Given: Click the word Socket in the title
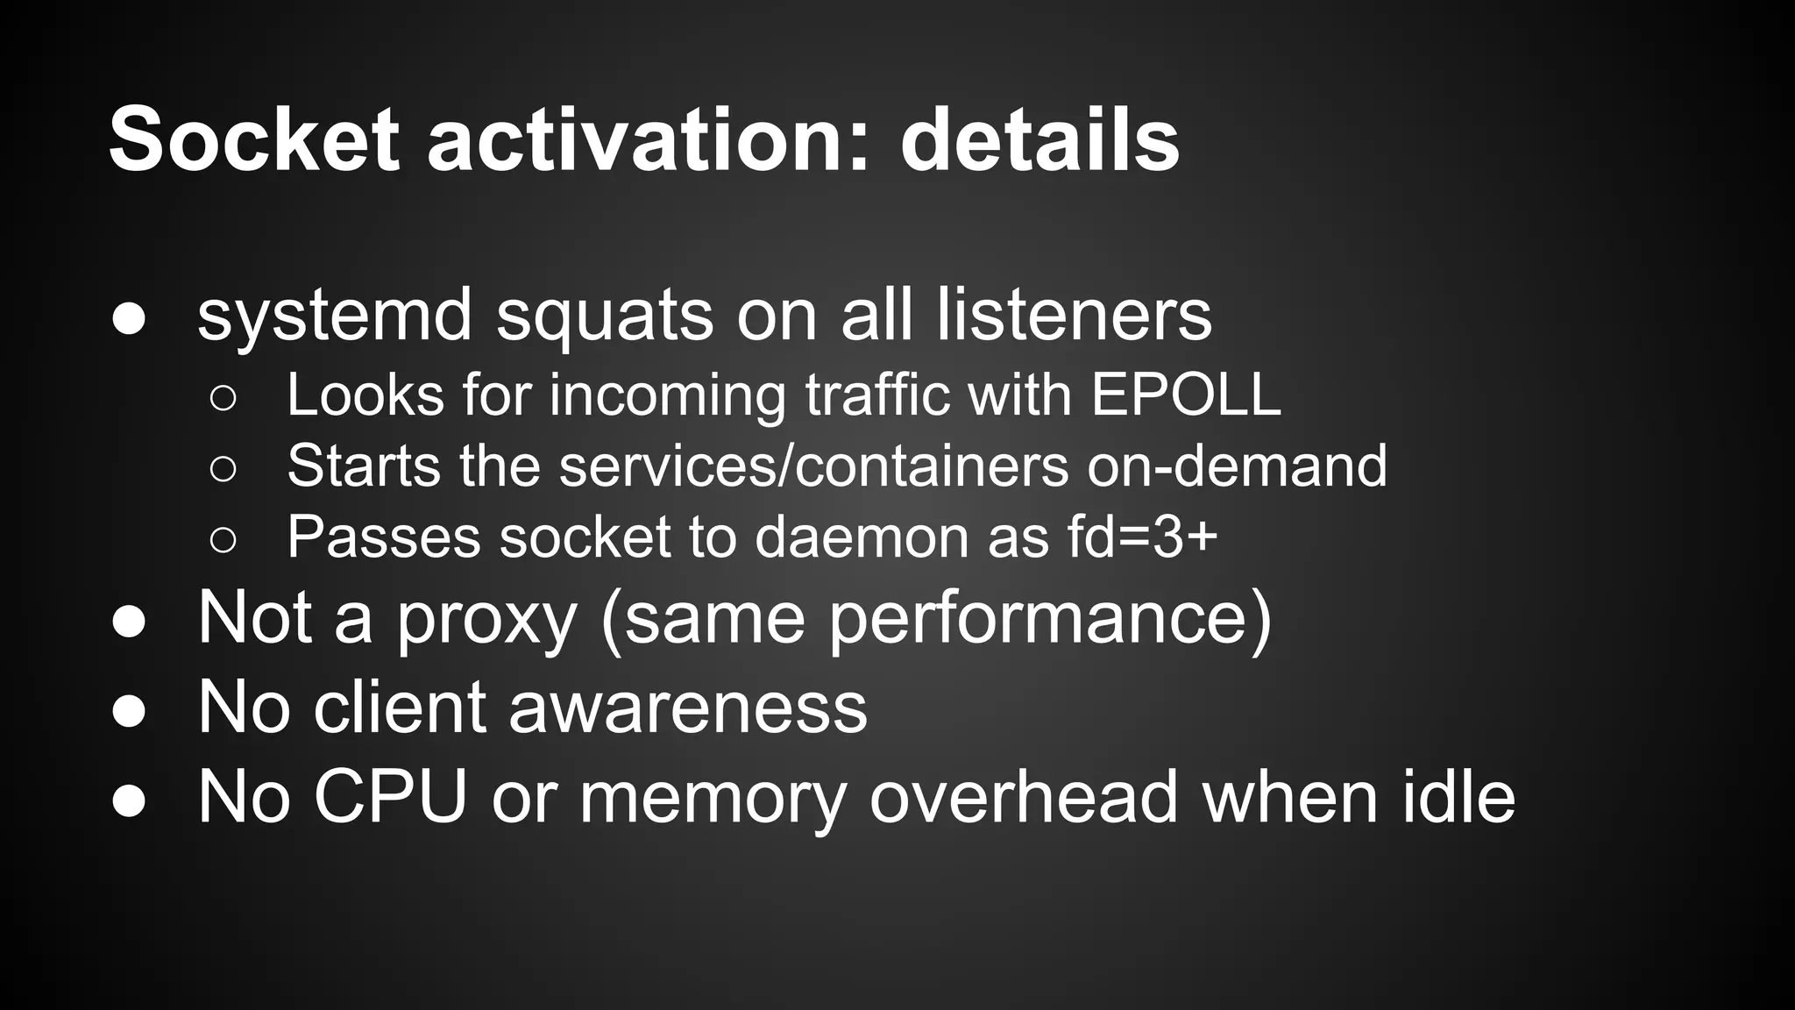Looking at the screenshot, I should click(x=254, y=140).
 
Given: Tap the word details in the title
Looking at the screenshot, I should click(x=1039, y=140).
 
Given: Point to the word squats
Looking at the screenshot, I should click(x=605, y=317).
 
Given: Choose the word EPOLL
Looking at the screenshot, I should click(x=1186, y=395).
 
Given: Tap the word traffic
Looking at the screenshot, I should click(x=877, y=395).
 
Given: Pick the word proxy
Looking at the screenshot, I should click(x=486, y=619).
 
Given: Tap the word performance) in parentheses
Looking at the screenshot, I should click(x=1049, y=619).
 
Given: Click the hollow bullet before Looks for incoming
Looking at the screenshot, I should click(x=223, y=398).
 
